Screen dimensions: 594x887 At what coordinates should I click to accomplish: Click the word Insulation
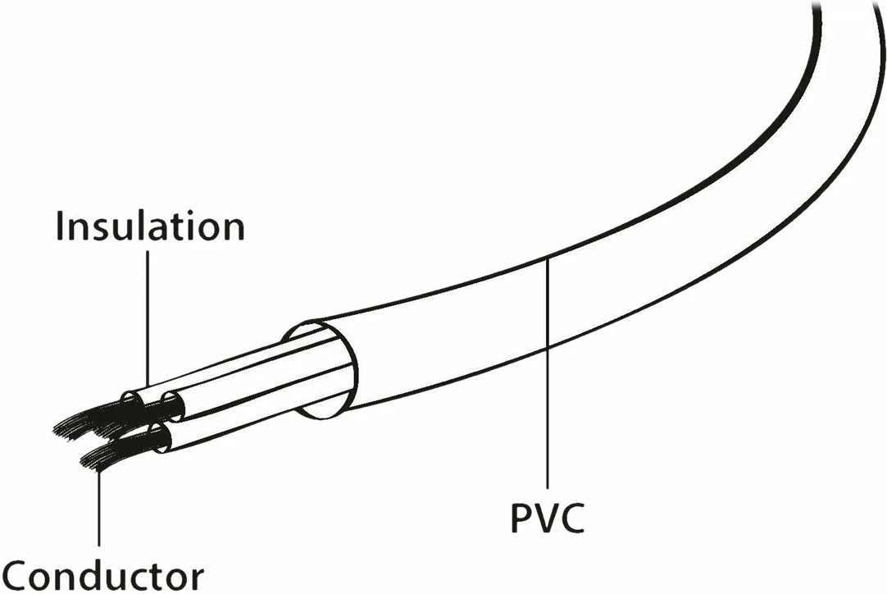pos(150,226)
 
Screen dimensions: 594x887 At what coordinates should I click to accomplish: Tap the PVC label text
pos(548,518)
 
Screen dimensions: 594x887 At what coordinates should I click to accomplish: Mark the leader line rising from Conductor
pos(99,509)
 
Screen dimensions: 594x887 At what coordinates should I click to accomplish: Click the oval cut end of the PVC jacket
pos(320,370)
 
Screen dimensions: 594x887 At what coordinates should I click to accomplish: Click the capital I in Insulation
pos(61,226)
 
